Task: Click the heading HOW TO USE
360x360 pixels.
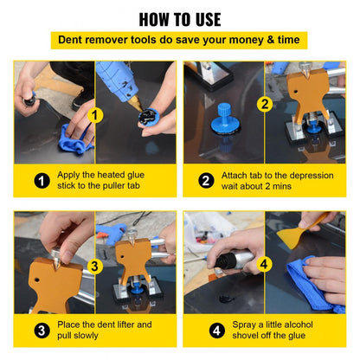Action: [x=179, y=19]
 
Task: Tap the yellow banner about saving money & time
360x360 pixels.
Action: [x=179, y=41]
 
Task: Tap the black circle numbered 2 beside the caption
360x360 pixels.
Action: [x=206, y=181]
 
